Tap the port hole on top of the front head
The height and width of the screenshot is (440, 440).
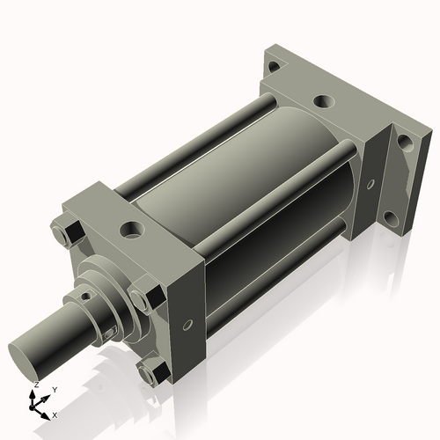(132, 231)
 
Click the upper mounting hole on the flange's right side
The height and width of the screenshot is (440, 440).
(405, 141)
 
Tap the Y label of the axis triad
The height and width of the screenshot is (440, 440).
(55, 389)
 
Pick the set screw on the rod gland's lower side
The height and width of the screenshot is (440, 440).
(109, 332)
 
